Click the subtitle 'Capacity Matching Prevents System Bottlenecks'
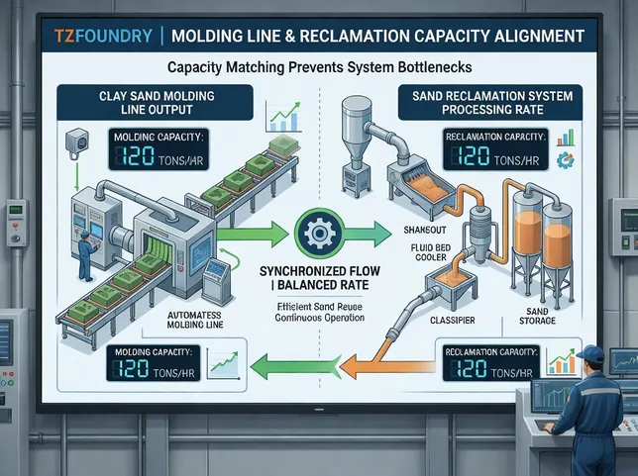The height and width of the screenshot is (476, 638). coord(319,69)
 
